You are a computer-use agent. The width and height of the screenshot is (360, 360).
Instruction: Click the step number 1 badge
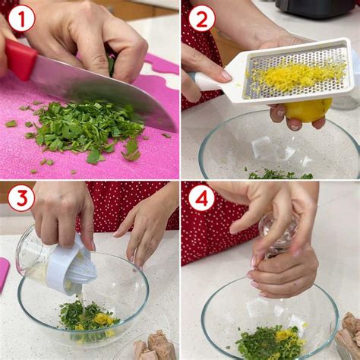[x=21, y=17]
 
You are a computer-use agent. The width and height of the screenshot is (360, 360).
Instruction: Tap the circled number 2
[x=201, y=17]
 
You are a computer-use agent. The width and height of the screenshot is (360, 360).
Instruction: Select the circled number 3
[x=21, y=198]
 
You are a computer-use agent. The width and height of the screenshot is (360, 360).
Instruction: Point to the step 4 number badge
[x=201, y=198]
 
